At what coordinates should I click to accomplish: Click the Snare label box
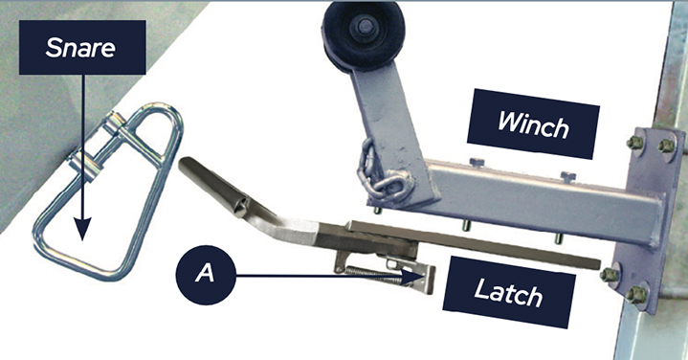pos(82,47)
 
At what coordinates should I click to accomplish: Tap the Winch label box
pos(533,124)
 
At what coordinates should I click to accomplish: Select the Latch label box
pos(509,292)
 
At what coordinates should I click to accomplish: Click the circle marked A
pos(206,275)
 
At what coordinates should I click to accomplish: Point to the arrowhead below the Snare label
pos(82,228)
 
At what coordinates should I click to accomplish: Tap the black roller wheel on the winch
pos(364,36)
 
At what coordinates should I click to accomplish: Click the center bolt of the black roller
pos(366,27)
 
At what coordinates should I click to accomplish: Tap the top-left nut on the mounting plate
pos(635,143)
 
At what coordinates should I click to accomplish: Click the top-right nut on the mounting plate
pos(666,146)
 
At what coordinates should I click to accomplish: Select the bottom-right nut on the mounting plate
pos(635,295)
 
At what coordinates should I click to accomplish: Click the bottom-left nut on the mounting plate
pos(609,275)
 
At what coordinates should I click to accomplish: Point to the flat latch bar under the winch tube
pos(474,244)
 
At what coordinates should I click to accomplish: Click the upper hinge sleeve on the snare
pos(115,123)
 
